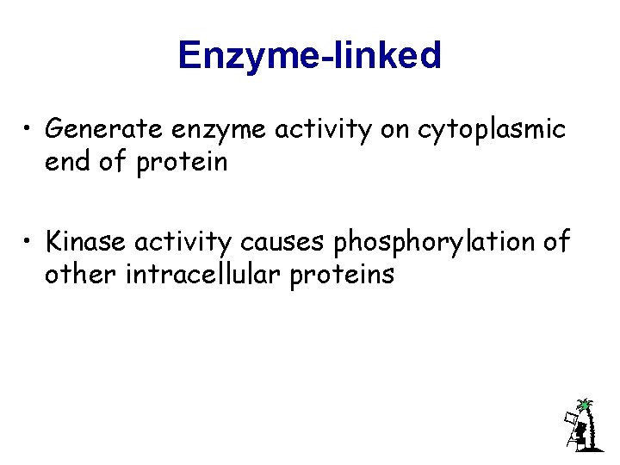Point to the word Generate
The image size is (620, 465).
click(x=103, y=129)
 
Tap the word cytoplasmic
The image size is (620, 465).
click(x=492, y=131)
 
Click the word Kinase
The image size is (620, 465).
click(x=87, y=243)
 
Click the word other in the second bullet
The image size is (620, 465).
click(x=76, y=275)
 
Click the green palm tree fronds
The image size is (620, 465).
click(x=585, y=404)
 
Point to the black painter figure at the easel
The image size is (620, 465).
click(x=580, y=432)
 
